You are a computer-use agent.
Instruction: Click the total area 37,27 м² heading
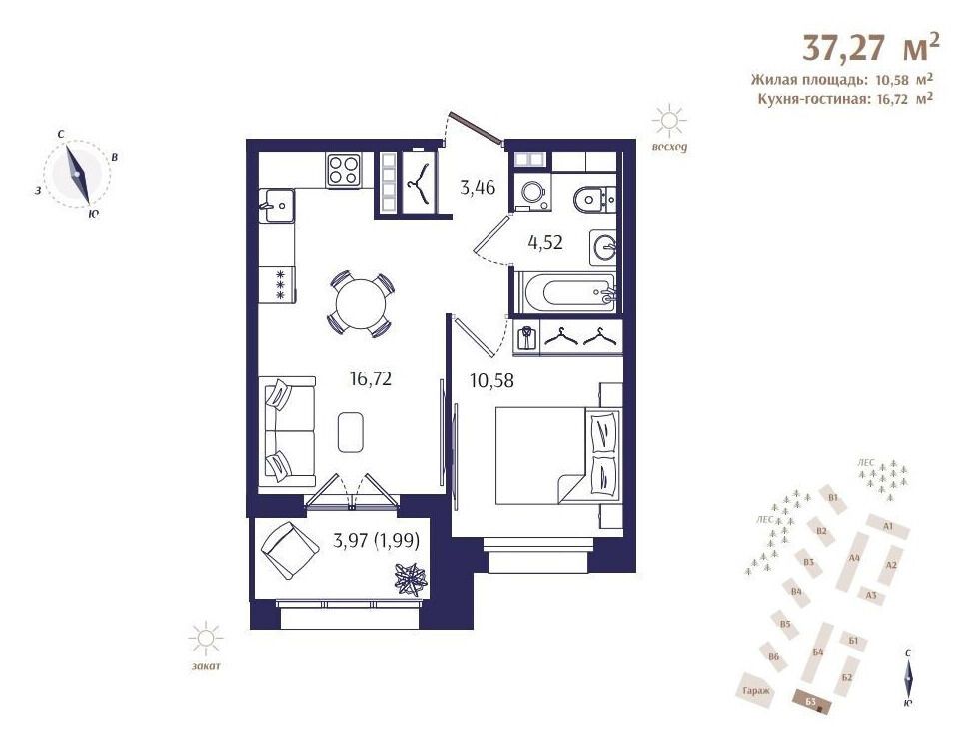point(870,47)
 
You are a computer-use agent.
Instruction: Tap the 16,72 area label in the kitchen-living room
point(371,378)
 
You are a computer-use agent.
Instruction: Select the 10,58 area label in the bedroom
point(491,379)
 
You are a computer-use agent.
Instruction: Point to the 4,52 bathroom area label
point(545,242)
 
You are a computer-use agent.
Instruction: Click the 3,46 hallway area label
point(478,187)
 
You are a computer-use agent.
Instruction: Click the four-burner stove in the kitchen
point(343,169)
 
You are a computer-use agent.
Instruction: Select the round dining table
point(361,304)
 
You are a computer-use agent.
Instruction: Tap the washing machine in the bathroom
point(532,192)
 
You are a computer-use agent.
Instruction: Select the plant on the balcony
point(411,578)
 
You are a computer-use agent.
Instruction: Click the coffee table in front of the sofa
point(351,432)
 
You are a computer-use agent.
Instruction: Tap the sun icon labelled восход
point(669,121)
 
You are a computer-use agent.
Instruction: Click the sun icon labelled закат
point(206,639)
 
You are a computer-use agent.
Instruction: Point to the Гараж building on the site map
point(757,690)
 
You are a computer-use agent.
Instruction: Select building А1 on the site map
point(887,527)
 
